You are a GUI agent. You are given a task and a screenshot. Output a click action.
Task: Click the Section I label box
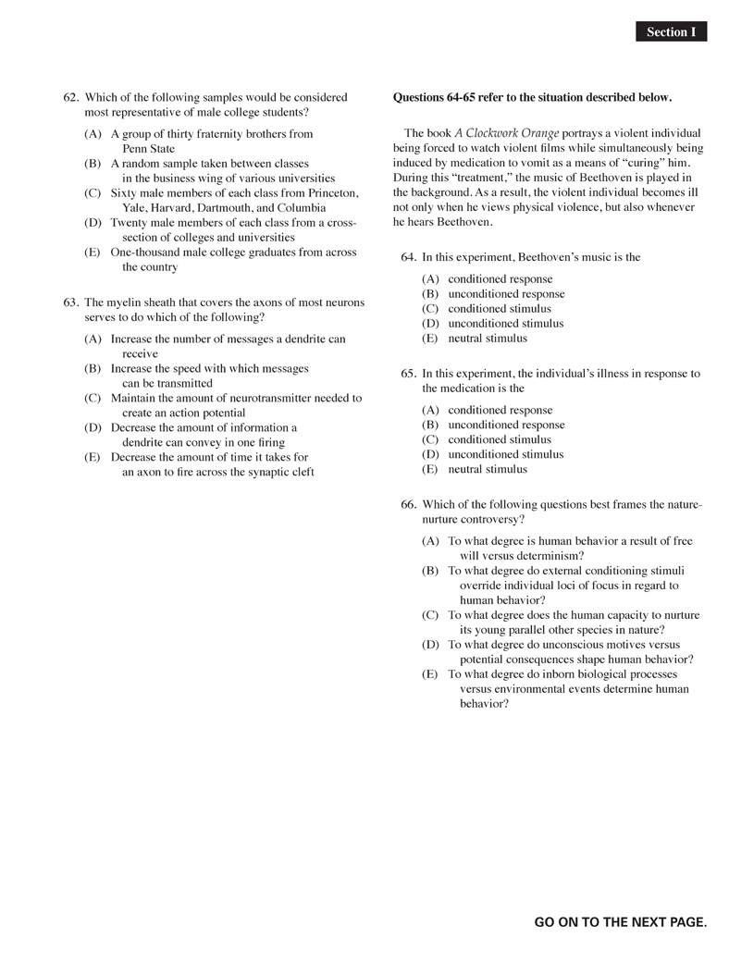pyautogui.click(x=671, y=32)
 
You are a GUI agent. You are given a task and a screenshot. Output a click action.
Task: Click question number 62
pyautogui.click(x=70, y=97)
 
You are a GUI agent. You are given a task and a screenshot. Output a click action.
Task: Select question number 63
pyautogui.click(x=70, y=302)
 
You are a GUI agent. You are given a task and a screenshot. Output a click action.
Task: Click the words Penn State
pyautogui.click(x=148, y=149)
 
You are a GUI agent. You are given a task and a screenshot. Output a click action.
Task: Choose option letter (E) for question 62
pyautogui.click(x=93, y=253)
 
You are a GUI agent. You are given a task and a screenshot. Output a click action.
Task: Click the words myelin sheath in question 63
pyautogui.click(x=139, y=302)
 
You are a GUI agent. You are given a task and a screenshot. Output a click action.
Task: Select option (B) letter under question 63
pyautogui.click(x=93, y=368)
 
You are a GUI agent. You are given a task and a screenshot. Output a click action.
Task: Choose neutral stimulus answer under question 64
pyautogui.click(x=488, y=339)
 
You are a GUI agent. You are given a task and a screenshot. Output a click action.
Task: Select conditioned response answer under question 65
pyautogui.click(x=500, y=410)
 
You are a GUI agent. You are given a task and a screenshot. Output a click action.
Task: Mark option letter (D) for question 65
pyautogui.click(x=430, y=454)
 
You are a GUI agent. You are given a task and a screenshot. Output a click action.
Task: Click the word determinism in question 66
pyautogui.click(x=550, y=556)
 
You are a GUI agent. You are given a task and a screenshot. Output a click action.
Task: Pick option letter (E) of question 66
pyautogui.click(x=430, y=674)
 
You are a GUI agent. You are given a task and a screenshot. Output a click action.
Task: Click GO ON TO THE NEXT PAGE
pyautogui.click(x=620, y=922)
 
